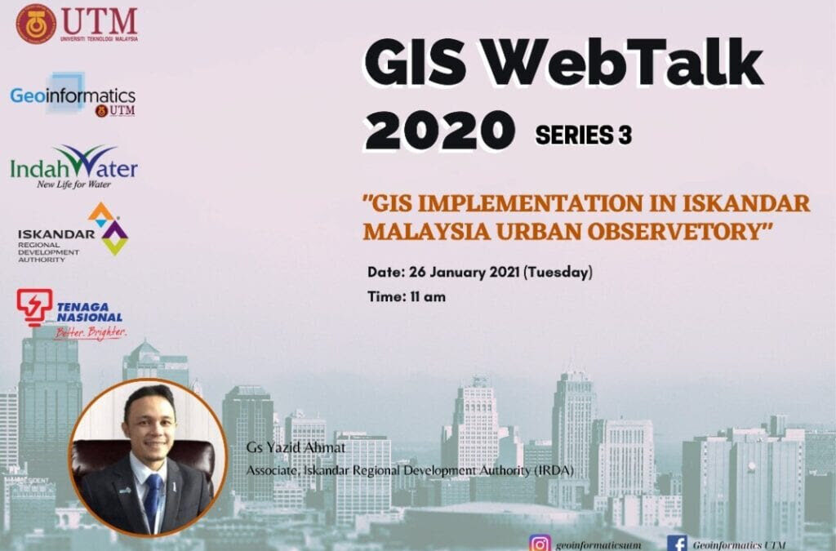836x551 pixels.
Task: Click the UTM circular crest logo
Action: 36,24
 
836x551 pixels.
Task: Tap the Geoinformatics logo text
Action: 73,96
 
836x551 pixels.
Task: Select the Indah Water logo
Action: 73,167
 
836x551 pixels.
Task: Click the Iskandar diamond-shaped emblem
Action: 108,229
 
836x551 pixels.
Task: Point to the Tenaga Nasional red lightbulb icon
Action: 34,306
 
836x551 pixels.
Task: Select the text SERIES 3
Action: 583,136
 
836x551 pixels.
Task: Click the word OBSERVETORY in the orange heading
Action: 677,231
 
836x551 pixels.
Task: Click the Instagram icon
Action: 539,543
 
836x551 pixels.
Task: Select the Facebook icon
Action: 677,543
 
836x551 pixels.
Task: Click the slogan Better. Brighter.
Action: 91,332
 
